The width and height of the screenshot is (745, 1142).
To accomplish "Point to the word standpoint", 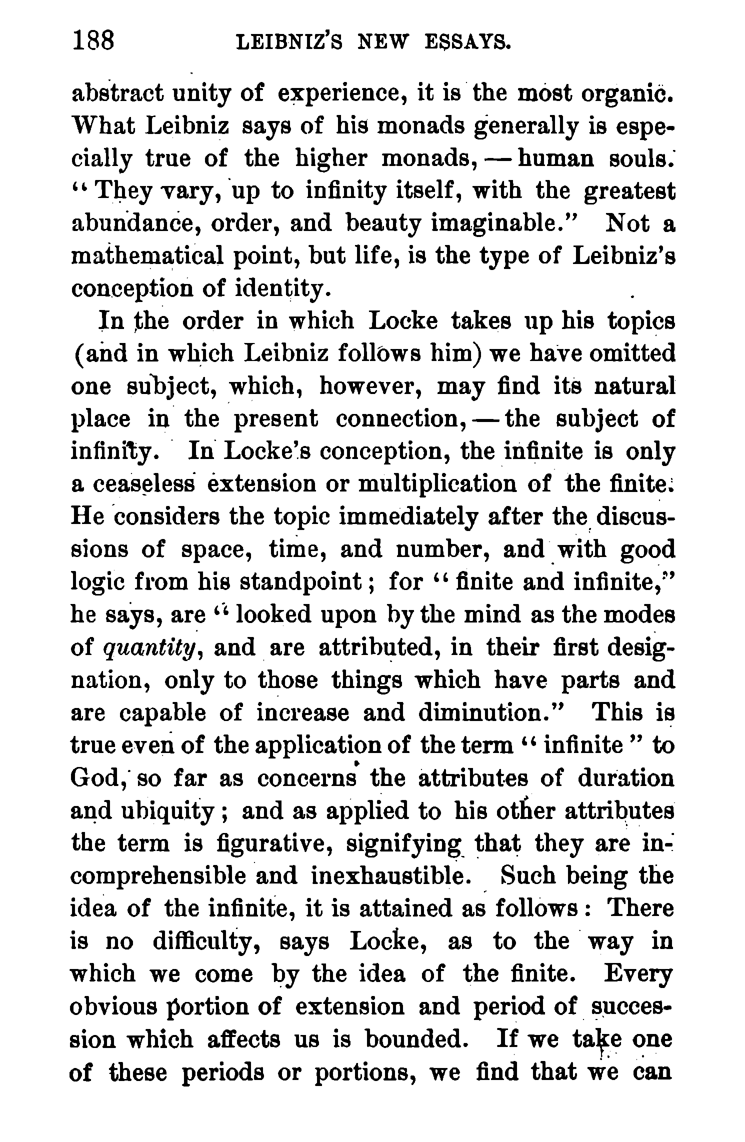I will point(306,582).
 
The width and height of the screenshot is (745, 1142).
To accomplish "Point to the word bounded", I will point(416,1039).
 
